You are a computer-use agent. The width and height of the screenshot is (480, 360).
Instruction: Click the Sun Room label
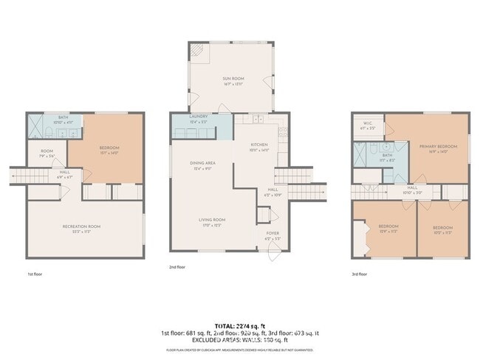[x=233, y=79]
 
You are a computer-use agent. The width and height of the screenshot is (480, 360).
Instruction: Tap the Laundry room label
[x=198, y=117]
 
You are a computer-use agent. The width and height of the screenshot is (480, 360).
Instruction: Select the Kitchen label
[x=258, y=145]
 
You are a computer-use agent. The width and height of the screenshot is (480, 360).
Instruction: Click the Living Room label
[x=212, y=220]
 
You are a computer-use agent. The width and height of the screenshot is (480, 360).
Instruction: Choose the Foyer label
[x=272, y=233]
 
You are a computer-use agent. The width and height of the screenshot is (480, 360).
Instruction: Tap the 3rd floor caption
[x=360, y=274]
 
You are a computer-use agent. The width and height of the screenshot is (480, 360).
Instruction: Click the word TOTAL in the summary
[x=226, y=325]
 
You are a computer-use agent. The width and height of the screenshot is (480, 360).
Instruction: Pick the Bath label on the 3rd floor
[x=387, y=156]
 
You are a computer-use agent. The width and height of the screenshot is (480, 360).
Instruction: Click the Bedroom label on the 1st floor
[x=109, y=148]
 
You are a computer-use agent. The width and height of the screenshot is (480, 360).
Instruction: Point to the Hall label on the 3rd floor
[x=412, y=188]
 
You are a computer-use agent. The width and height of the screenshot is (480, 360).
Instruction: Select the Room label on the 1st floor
[x=46, y=152]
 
